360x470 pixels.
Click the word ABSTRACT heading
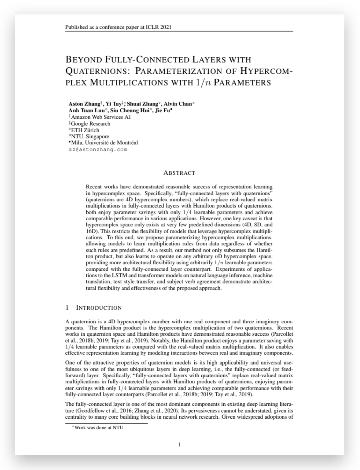pyautogui.click(x=179, y=173)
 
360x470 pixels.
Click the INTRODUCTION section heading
pyautogui.click(x=98, y=308)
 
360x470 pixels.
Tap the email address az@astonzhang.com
pyautogui.click(x=98, y=149)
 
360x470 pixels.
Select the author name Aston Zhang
pyautogui.click(x=84, y=104)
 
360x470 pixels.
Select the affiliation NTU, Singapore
pyautogui.click(x=90, y=136)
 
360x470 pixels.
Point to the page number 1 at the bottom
pyautogui.click(x=179, y=444)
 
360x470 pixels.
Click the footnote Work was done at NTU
pyautogui.click(x=100, y=428)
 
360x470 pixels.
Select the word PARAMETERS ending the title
pyautogui.click(x=242, y=83)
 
